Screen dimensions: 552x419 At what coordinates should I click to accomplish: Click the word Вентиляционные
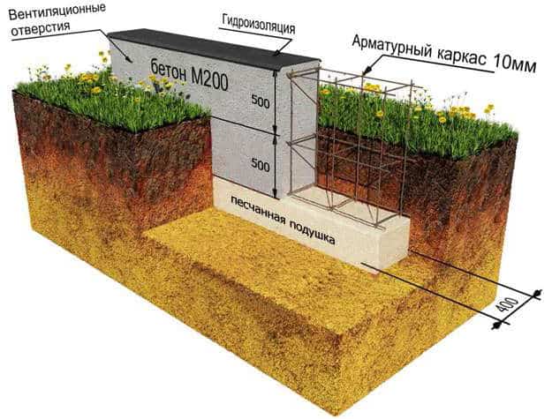point(57,13)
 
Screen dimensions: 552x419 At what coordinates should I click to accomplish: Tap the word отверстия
point(41,28)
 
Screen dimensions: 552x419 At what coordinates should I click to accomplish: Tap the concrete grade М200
point(209,81)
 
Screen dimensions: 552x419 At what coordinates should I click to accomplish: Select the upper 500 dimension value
point(261,102)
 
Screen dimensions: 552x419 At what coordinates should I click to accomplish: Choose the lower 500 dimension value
point(261,165)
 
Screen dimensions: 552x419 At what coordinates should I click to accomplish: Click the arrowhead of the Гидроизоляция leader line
point(277,53)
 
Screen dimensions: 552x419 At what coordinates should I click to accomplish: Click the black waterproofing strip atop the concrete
point(213,49)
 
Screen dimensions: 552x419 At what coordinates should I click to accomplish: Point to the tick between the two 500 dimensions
point(275,135)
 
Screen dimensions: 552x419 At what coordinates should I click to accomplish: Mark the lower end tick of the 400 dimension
point(496,325)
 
